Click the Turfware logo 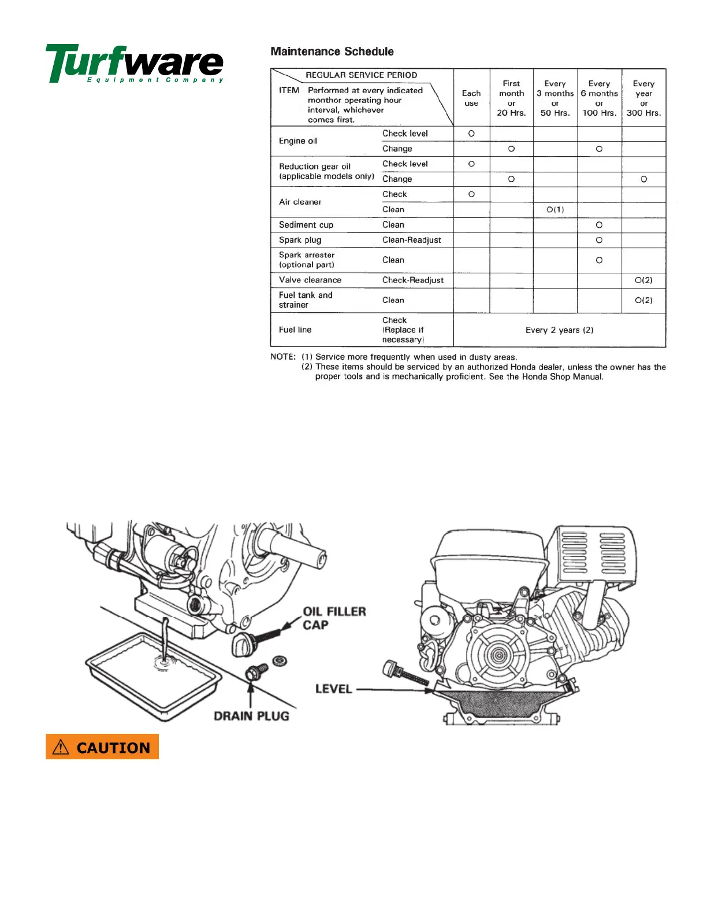pos(135,63)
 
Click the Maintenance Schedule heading pos(332,51)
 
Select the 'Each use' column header pos(471,98)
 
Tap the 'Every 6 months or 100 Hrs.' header pos(599,98)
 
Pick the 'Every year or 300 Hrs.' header pos(643,98)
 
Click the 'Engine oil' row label pos(298,141)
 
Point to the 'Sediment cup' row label pos(306,225)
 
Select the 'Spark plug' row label pos(300,240)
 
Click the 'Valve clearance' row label pos(310,280)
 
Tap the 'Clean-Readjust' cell pos(412,240)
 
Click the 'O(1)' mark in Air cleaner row pos(555,209)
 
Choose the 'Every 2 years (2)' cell pos(559,330)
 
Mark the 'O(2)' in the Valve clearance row pos(643,280)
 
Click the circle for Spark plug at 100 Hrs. pos(599,240)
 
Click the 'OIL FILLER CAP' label pos(334,618)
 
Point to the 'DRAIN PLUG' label pos(251,716)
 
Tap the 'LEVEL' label pos(333,689)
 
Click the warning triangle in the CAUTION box pos(61,748)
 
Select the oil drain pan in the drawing pos(154,677)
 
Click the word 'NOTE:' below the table pos(283,357)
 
